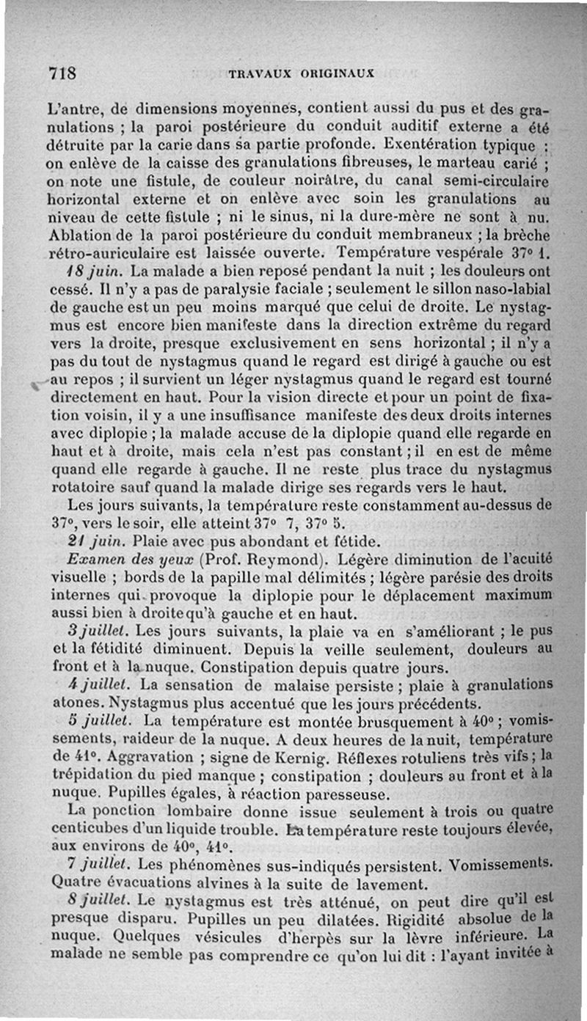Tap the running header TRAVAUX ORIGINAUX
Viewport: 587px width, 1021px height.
(302, 73)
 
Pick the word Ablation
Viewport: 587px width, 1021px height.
(78, 236)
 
